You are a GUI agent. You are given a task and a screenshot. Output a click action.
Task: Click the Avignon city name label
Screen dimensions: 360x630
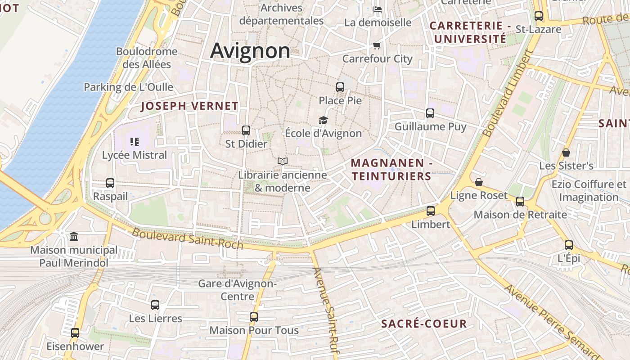(x=250, y=51)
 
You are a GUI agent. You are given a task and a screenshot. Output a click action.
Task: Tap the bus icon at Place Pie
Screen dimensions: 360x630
(x=340, y=87)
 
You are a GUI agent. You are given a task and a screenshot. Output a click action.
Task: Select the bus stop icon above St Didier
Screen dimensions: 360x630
(x=246, y=130)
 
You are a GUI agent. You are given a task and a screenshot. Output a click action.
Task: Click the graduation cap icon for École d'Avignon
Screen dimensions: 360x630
(x=323, y=120)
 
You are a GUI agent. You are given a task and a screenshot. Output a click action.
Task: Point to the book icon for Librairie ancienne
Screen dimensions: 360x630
(x=283, y=161)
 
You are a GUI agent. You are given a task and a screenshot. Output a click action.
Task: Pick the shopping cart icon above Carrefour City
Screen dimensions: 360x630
(x=377, y=45)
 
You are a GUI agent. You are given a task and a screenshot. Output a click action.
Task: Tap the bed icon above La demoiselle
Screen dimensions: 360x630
(x=378, y=9)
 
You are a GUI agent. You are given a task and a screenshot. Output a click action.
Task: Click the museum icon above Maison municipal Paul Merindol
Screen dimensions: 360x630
(x=74, y=236)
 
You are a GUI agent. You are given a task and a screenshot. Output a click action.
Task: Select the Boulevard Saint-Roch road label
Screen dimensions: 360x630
(x=188, y=239)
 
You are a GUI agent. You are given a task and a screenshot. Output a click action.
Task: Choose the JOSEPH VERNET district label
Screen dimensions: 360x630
(x=189, y=106)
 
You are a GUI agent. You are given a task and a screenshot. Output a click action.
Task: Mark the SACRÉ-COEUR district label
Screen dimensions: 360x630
(x=424, y=324)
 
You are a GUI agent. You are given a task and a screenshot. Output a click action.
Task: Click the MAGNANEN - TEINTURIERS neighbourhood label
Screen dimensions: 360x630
(x=391, y=170)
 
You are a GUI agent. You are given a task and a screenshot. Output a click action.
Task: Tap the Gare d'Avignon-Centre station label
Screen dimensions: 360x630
(x=237, y=290)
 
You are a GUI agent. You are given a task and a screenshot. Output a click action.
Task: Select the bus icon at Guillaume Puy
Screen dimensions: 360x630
(x=430, y=113)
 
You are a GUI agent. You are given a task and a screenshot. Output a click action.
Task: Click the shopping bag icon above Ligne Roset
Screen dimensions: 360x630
(x=479, y=182)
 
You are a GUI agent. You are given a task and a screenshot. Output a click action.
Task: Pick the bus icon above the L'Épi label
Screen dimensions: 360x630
(x=569, y=245)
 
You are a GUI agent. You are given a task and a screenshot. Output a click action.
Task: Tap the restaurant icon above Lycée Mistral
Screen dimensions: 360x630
(x=134, y=142)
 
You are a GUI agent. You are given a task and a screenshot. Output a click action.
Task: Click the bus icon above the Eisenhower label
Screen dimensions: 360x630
(x=75, y=333)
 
